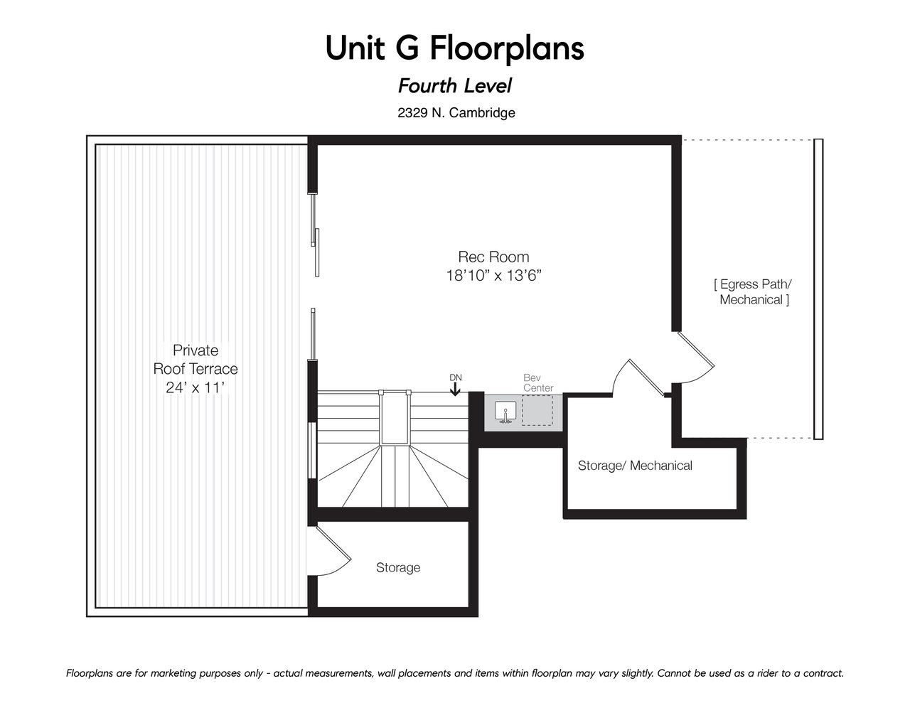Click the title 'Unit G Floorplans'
coord(455,48)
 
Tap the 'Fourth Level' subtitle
coord(455,86)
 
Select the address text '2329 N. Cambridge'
coord(456,112)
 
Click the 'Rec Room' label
coord(493,256)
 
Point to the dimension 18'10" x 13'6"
coord(493,276)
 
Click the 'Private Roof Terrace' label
coord(195,359)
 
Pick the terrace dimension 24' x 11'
coord(195,387)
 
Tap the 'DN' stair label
coord(456,377)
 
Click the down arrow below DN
coord(455,390)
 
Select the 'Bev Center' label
coord(538,382)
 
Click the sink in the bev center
coord(505,412)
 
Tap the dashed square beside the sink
coord(537,410)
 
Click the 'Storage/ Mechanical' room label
coord(635,465)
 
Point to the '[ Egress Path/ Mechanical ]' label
coord(754,292)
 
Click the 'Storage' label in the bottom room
coord(398,567)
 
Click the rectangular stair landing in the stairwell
coord(394,417)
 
